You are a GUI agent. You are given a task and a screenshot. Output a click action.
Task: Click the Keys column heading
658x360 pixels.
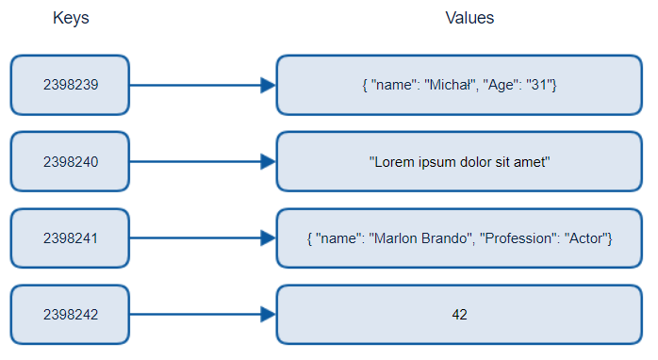[x=71, y=19]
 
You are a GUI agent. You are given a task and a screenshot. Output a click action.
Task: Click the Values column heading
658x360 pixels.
[x=469, y=19]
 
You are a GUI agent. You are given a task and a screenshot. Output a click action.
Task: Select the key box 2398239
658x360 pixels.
[x=70, y=85]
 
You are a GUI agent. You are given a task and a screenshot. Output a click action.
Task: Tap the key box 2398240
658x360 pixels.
[x=70, y=162]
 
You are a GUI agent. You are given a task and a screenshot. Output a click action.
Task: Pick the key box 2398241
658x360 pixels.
[x=70, y=238]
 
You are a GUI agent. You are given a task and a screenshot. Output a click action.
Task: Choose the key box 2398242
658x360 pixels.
[x=70, y=315]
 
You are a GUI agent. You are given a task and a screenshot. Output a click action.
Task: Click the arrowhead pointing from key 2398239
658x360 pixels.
[x=268, y=85]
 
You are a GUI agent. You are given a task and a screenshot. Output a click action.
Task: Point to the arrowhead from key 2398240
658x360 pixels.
[x=268, y=162]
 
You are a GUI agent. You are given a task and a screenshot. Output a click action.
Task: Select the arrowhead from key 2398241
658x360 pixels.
[x=268, y=238]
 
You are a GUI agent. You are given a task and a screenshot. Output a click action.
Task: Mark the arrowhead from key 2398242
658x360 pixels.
[x=268, y=315]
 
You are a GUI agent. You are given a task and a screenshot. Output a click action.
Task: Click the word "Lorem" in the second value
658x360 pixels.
[x=393, y=162]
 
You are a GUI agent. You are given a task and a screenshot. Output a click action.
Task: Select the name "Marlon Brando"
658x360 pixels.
[x=426, y=238]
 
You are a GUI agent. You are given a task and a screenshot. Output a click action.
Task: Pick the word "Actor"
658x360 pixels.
[x=586, y=238]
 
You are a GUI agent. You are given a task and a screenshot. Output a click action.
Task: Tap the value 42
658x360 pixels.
[x=459, y=315]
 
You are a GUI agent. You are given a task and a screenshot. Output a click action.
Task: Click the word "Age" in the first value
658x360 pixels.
[x=506, y=85]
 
